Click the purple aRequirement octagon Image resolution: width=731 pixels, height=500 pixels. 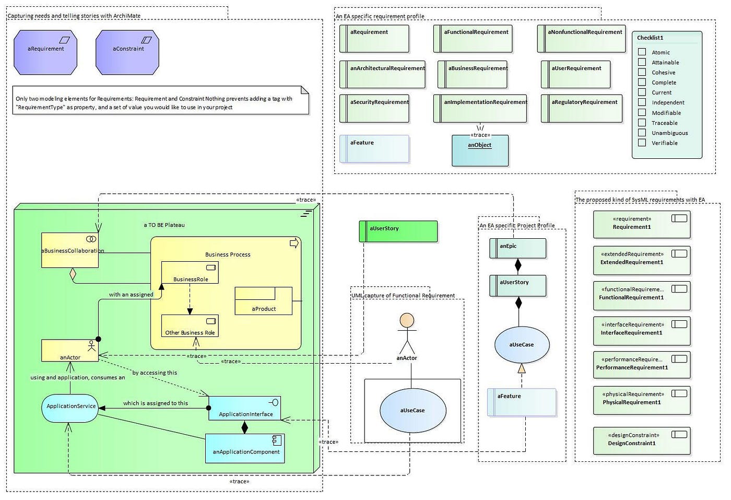tap(45, 52)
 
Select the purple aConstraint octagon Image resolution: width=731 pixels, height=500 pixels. tap(127, 52)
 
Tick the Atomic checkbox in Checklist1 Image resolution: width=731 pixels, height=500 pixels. tap(642, 52)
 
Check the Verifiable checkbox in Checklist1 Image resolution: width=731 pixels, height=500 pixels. tap(642, 143)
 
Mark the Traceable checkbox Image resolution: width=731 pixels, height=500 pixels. tap(642, 123)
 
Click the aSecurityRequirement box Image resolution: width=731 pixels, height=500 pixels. tap(374, 108)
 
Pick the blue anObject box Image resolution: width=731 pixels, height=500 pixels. tap(480, 151)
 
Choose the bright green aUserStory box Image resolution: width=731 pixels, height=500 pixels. tap(398, 231)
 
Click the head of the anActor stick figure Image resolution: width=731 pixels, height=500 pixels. tap(407, 320)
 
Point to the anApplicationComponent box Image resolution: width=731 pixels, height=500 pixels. tap(245, 448)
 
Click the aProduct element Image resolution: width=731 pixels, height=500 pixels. tap(264, 301)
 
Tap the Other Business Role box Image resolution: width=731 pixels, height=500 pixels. tap(190, 326)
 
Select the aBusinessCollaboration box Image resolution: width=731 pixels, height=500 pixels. tap(70, 251)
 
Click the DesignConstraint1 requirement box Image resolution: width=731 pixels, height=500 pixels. tap(641, 440)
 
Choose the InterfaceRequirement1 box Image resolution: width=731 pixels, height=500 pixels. tap(641, 330)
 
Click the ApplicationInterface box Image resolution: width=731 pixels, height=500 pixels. tap(244, 408)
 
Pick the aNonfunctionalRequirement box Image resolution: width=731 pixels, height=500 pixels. tap(581, 39)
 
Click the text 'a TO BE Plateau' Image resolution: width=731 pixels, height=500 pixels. tap(164, 225)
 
